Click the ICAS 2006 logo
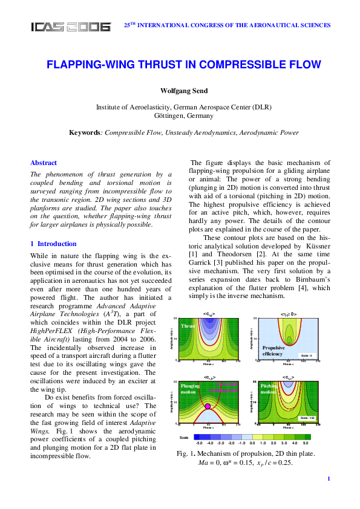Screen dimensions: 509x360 pyautogui.click(x=71, y=27)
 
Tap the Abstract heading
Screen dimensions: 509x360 pyautogui.click(x=44, y=163)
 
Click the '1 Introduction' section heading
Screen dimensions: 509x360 pyautogui.click(x=53, y=244)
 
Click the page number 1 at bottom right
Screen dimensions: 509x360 pyautogui.click(x=328, y=496)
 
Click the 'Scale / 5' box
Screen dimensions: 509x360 pyautogui.click(x=306, y=355)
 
